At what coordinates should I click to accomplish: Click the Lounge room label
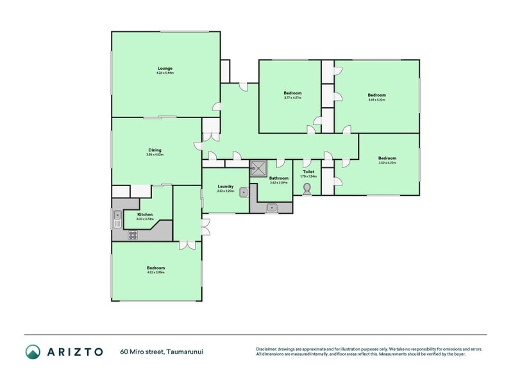[165, 68]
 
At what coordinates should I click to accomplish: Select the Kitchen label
[145, 214]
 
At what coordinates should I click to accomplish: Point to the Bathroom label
[278, 178]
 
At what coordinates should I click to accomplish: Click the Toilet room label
[308, 172]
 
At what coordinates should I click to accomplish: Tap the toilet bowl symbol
[308, 188]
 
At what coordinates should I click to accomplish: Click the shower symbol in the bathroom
[259, 168]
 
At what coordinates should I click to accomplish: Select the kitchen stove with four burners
[133, 235]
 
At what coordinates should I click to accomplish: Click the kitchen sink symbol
[117, 219]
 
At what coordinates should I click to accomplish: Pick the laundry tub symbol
[243, 192]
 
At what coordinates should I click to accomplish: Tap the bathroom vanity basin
[272, 207]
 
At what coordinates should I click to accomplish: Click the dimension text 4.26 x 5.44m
[165, 73]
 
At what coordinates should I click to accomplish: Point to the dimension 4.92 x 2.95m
[156, 273]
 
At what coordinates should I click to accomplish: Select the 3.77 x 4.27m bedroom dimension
[292, 98]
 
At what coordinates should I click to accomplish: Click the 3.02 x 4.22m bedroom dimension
[387, 163]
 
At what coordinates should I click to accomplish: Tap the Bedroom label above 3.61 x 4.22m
[376, 94]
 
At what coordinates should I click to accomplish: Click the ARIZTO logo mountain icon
[33, 351]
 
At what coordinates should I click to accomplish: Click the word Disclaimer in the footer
[268, 349]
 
